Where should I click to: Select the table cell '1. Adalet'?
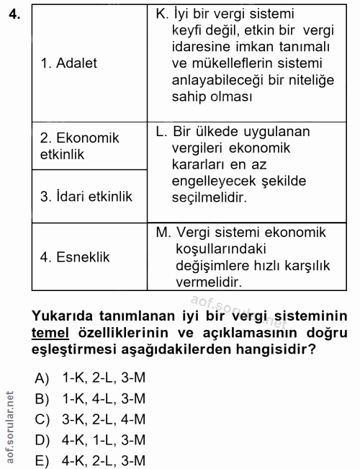pyautogui.click(x=68, y=63)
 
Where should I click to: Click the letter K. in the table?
pyautogui.click(x=162, y=14)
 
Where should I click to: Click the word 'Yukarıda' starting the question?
pyautogui.click(x=66, y=316)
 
